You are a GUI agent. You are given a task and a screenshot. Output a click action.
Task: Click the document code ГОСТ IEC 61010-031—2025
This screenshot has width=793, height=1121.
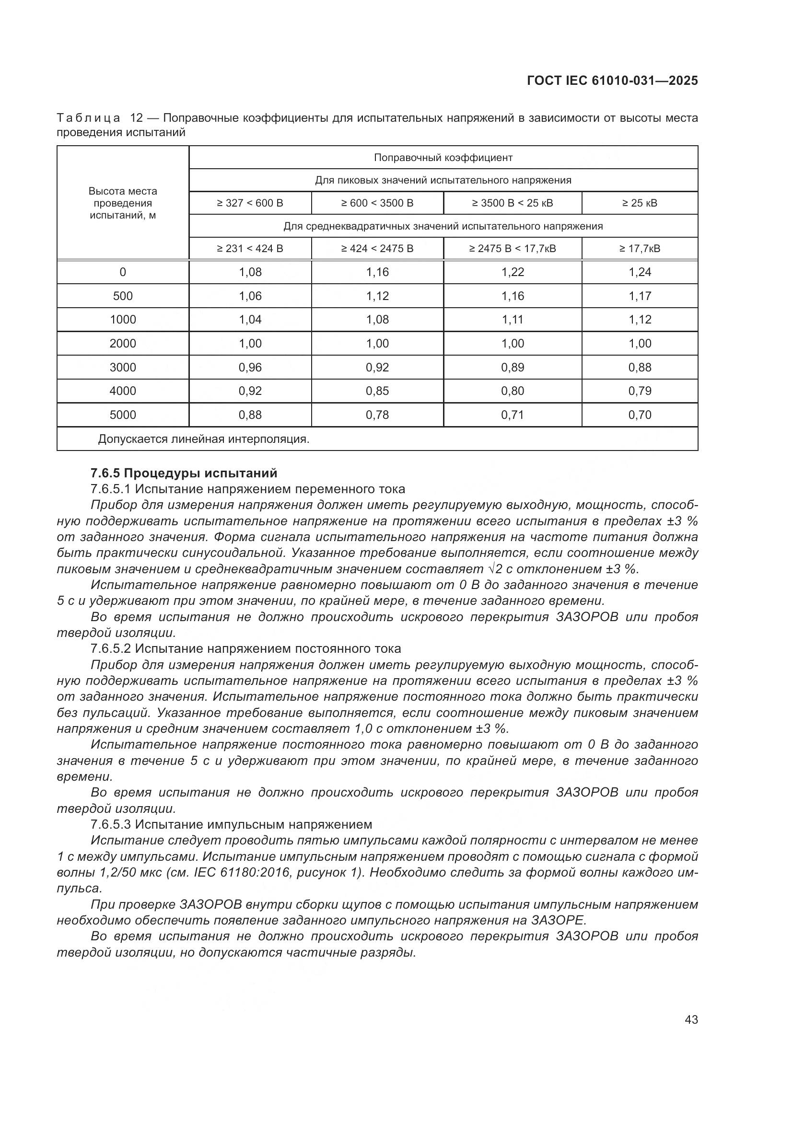[612, 81]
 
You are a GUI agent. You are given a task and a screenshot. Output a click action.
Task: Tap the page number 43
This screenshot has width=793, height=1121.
[691, 1019]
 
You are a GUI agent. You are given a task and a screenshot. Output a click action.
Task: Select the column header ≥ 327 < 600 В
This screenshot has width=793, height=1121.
[250, 203]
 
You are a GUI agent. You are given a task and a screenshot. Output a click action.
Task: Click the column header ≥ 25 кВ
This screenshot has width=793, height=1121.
[640, 203]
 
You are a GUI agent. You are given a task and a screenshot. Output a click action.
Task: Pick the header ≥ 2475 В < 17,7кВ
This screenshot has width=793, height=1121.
[512, 249]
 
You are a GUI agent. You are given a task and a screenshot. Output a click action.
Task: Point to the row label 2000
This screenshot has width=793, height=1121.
[123, 344]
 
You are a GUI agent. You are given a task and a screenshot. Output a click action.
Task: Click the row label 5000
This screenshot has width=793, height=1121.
[123, 415]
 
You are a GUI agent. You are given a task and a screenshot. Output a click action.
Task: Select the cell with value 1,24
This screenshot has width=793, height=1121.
[640, 272]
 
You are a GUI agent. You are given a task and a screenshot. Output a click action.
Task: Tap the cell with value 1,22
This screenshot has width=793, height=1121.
[512, 272]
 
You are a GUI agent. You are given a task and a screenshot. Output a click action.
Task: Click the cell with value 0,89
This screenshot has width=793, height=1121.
[512, 368]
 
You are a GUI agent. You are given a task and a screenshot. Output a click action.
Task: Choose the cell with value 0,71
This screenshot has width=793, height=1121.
[512, 415]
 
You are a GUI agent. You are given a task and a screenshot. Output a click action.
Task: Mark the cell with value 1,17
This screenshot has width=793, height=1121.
[640, 296]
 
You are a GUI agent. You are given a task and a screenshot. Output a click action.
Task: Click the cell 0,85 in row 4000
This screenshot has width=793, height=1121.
[377, 391]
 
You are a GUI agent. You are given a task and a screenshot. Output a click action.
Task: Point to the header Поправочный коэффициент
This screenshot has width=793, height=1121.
[443, 158]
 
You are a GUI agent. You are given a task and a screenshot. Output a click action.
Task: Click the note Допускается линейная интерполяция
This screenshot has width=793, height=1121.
[204, 439]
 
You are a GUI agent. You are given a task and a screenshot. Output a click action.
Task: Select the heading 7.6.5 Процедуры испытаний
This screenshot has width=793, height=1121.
[184, 473]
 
